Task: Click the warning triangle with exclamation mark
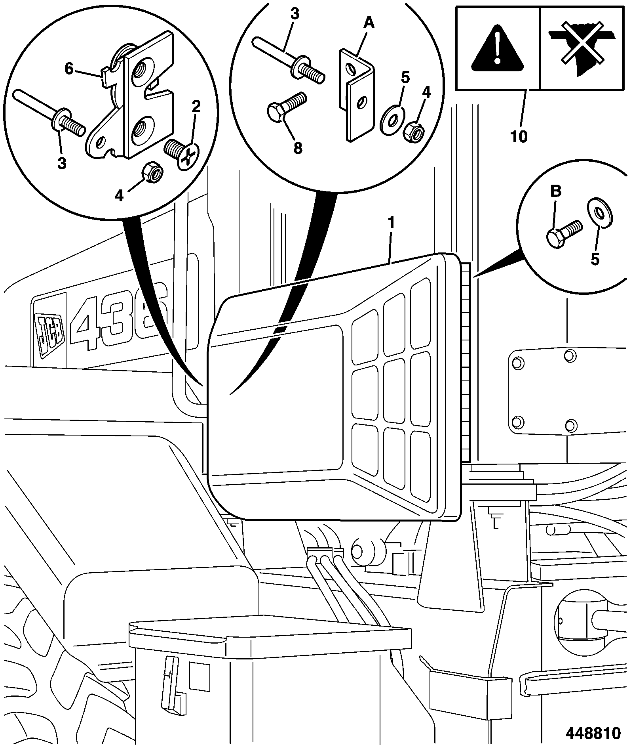tap(498, 48)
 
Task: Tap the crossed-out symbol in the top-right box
tap(580, 47)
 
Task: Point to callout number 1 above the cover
tap(391, 223)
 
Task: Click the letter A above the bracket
tap(369, 24)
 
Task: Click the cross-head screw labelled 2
tap(181, 154)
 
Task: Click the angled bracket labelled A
tap(357, 95)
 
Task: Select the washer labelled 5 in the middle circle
tap(390, 120)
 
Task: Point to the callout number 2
tap(196, 106)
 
